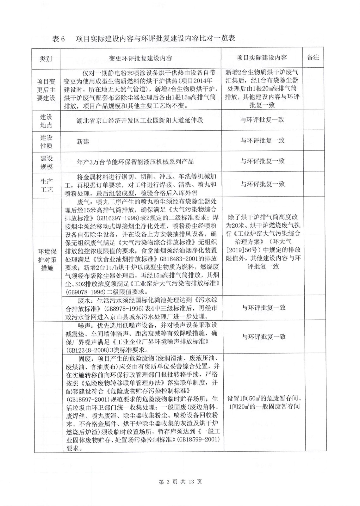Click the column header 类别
click(46, 59)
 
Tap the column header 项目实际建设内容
click(262, 58)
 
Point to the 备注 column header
click(313, 57)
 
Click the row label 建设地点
click(46, 121)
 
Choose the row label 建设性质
click(46, 142)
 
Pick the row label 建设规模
click(46, 162)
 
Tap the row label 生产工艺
click(46, 185)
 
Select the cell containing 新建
click(83, 142)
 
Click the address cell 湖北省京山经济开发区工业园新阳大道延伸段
click(140, 120)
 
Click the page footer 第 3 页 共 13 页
click(180, 482)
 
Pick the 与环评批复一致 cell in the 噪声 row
click(264, 337)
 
